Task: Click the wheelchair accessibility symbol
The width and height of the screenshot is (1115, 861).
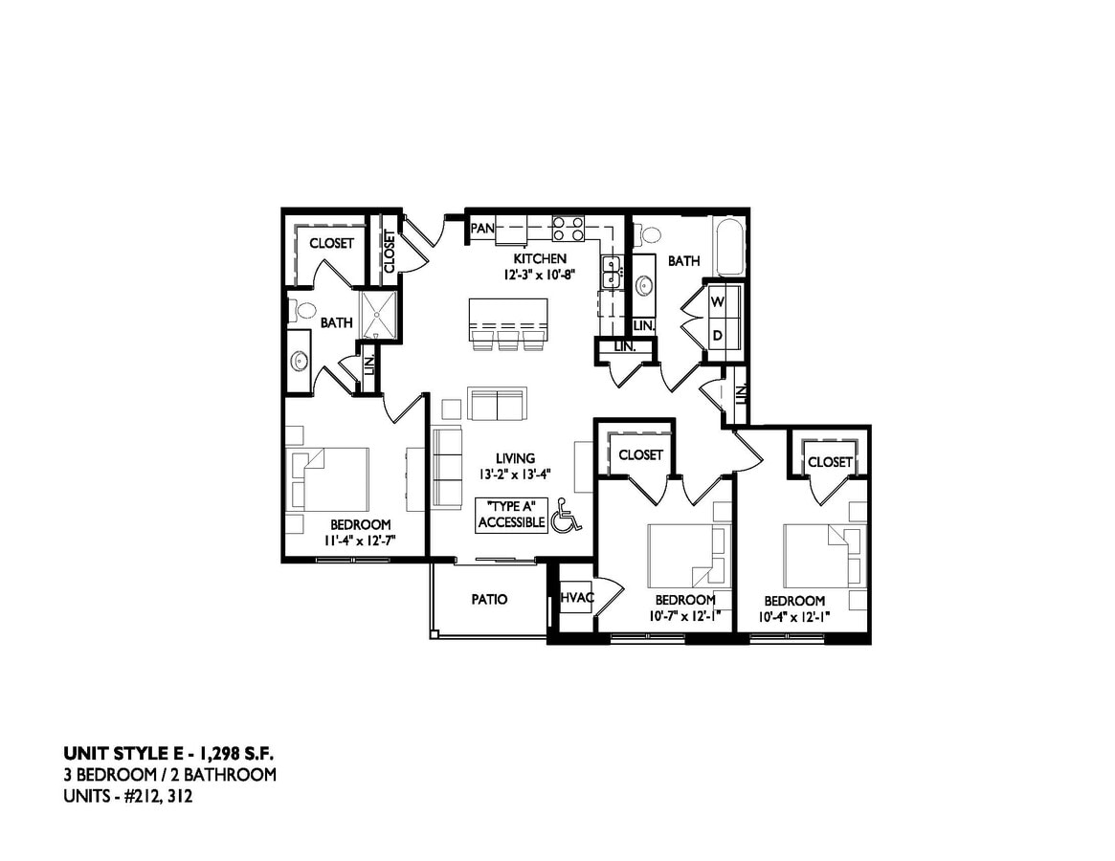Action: [x=567, y=519]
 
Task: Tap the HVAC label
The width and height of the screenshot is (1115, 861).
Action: [x=576, y=598]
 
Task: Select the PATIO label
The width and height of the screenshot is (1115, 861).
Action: [x=488, y=600]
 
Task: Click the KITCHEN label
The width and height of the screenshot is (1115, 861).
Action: [x=540, y=258]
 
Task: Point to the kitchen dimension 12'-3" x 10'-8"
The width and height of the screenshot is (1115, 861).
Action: [x=541, y=274]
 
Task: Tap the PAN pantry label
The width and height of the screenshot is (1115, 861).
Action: [x=481, y=228]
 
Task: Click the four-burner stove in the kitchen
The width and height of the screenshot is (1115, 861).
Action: [x=569, y=229]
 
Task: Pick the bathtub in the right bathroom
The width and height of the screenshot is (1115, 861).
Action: [x=729, y=245]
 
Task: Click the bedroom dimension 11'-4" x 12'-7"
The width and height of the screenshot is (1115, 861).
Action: [x=360, y=541]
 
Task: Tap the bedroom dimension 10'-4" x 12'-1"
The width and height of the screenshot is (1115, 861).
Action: [x=794, y=617]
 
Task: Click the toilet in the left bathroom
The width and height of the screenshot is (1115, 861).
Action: [x=302, y=310]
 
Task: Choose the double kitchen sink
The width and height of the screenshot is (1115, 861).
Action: [x=611, y=272]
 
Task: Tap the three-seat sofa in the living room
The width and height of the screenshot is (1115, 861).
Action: [x=446, y=467]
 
